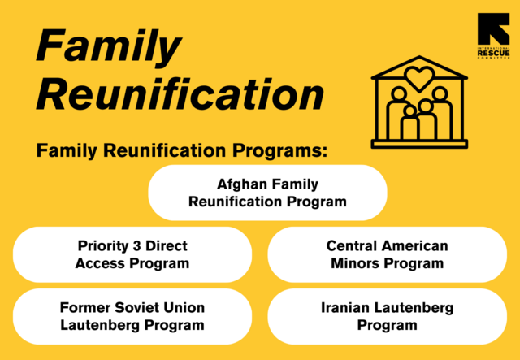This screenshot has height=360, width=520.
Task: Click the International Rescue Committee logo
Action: click(493, 37)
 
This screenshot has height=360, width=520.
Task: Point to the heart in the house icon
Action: click(419, 79)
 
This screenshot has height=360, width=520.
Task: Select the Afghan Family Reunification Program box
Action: click(267, 193)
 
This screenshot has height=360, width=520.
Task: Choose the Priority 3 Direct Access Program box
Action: click(132, 254)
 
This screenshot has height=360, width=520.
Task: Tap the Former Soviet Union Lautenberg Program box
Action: click(132, 316)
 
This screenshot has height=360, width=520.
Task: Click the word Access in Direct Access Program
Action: click(101, 263)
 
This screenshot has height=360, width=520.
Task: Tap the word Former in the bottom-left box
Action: click(86, 308)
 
